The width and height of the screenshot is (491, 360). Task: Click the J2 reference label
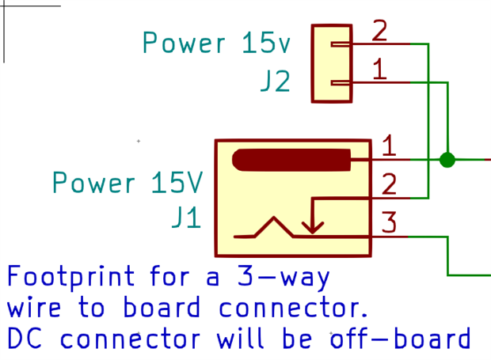click(x=275, y=81)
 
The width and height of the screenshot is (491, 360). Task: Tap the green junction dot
click(x=447, y=160)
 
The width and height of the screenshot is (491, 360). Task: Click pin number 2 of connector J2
click(x=379, y=32)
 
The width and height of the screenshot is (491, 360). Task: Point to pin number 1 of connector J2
click(x=379, y=70)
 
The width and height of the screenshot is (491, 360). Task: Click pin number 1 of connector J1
click(x=389, y=146)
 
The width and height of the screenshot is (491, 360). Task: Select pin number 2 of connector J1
click(x=389, y=184)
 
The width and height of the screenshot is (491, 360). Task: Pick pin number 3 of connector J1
click(x=389, y=222)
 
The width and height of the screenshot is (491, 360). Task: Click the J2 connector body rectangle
click(x=332, y=63)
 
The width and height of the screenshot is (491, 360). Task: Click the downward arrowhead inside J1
click(x=313, y=226)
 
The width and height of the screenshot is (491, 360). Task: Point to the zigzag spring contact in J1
click(x=274, y=227)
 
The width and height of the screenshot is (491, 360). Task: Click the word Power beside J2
click(x=184, y=43)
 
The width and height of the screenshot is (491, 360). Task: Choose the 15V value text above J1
click(x=177, y=184)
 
